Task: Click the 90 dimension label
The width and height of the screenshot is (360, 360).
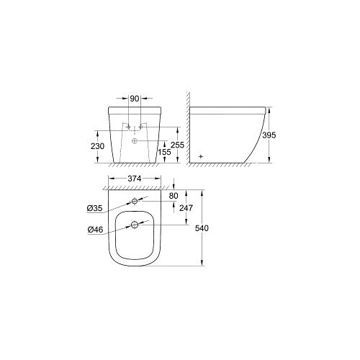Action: pos(135,99)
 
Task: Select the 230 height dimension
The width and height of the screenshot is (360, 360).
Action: pos(97,146)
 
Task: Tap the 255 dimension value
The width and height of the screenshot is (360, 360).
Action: pos(177,145)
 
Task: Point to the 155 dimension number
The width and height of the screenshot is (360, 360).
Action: pos(164,152)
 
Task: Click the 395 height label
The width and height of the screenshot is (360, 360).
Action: pos(269,135)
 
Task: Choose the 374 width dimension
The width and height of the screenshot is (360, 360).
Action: pos(135,179)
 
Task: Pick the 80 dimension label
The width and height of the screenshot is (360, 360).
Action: pos(174,196)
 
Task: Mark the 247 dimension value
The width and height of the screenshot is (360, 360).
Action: pos(186,208)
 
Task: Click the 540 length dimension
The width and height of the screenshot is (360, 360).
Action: pos(202,228)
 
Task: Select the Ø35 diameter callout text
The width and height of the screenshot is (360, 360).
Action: pos(94,209)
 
